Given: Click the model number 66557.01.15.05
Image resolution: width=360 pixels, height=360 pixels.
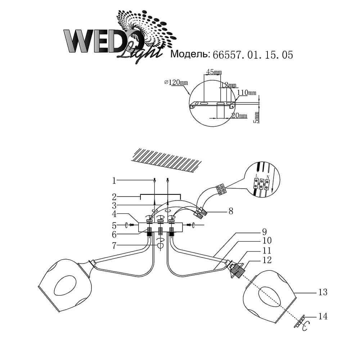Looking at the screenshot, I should (x=253, y=55).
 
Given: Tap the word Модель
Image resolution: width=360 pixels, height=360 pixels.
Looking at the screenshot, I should (x=190, y=54).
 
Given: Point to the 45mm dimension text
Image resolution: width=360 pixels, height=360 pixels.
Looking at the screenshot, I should (x=213, y=72).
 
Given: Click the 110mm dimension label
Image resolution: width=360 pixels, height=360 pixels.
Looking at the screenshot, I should (x=247, y=93).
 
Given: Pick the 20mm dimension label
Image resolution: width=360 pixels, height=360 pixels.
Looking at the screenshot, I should (x=239, y=116).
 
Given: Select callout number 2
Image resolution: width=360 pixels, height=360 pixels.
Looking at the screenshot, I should (x=114, y=197).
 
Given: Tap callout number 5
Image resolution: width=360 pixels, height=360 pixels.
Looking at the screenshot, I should (x=114, y=225).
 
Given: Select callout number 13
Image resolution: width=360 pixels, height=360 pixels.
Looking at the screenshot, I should (x=323, y=292).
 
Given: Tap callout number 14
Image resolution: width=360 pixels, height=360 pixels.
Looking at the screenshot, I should (x=323, y=317).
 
